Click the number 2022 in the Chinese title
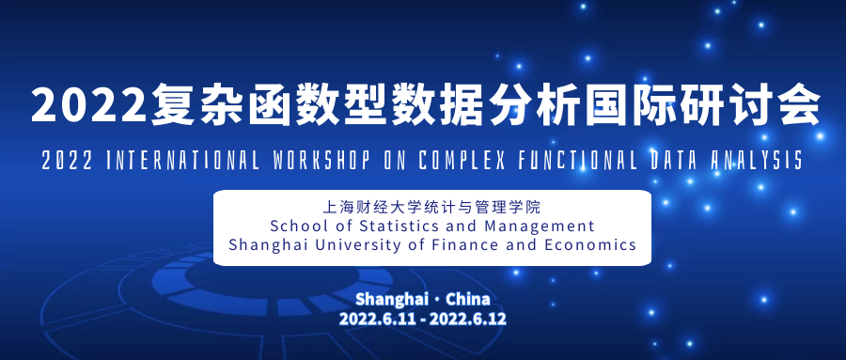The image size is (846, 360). click(89, 104)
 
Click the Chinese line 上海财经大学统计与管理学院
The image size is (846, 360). click(431, 207)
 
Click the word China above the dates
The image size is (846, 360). click(468, 299)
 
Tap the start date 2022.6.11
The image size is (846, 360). click(378, 319)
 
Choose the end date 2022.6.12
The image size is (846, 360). click(468, 319)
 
